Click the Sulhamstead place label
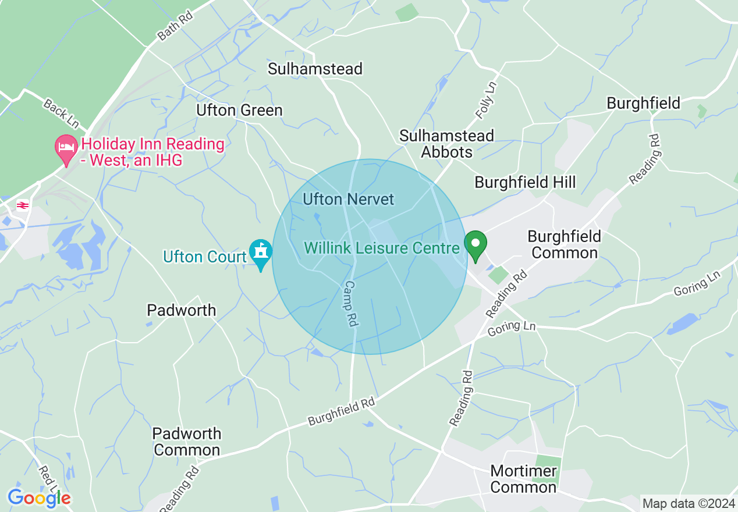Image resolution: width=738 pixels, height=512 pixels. (x=315, y=69)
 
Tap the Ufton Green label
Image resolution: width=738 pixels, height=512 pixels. (x=239, y=110)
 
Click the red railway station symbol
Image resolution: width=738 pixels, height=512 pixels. (x=23, y=205)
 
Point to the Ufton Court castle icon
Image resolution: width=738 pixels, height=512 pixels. (x=260, y=252)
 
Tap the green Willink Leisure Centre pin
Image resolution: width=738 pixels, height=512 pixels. (x=476, y=246)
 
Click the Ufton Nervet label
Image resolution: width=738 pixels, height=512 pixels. (x=349, y=199)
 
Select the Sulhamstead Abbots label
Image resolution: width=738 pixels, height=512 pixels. (x=446, y=144)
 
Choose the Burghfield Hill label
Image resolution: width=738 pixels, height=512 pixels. (x=525, y=182)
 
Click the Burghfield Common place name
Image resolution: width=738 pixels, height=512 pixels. (x=564, y=244)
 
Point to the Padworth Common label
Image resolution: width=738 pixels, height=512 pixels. (x=187, y=442)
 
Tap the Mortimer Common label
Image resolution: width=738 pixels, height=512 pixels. (x=523, y=478)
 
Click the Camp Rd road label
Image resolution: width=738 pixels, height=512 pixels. (x=350, y=303)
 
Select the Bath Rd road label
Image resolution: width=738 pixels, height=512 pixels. (x=175, y=27)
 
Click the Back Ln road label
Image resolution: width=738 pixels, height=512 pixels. (x=60, y=113)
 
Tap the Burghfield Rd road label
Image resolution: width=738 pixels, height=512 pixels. (x=341, y=411)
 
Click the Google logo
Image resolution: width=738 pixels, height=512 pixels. (x=39, y=498)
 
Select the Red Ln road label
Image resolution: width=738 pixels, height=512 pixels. (x=48, y=478)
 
